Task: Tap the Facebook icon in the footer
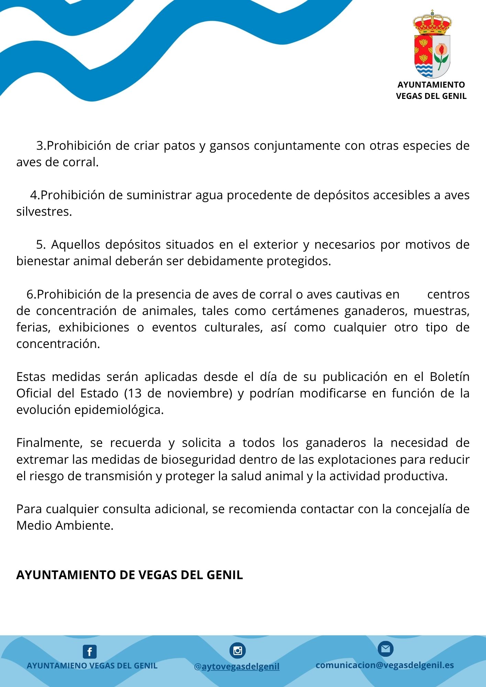tap(90, 652)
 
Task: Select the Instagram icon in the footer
tap(238, 651)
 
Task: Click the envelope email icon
tap(385, 649)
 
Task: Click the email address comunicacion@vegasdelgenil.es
tap(385, 665)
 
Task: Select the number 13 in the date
tap(134, 393)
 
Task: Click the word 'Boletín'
tap(450, 377)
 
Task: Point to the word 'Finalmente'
tap(48, 443)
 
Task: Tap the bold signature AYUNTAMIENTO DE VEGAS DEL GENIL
tap(130, 575)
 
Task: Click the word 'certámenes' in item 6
tap(304, 311)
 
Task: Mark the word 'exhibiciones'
tap(94, 327)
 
